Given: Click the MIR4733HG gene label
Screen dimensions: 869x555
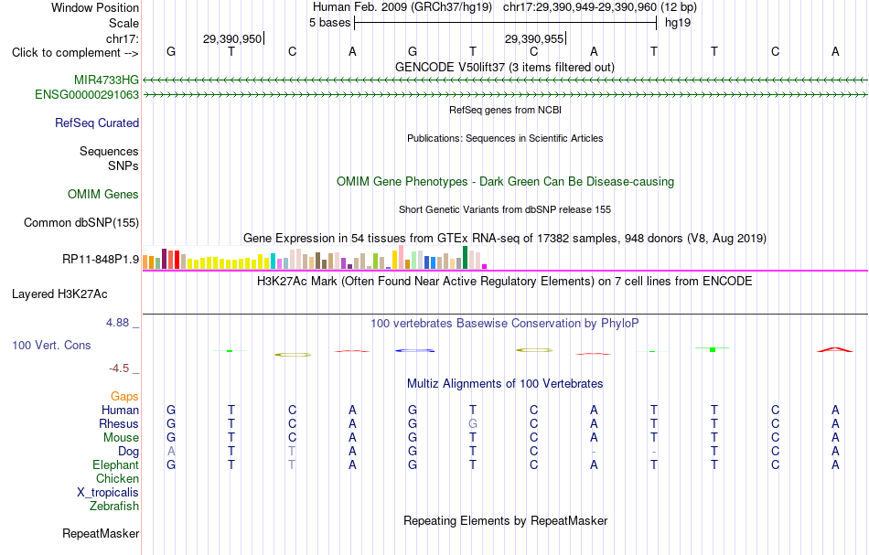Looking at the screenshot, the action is (106, 80).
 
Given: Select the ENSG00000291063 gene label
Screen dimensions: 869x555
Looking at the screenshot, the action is (87, 95).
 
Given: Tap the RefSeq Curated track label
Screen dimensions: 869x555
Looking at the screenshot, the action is (97, 123).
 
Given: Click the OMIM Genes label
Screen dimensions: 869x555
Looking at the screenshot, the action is (103, 195).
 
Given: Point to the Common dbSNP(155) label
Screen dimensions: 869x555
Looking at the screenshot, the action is (81, 223).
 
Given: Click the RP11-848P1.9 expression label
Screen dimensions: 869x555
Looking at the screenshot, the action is (101, 260).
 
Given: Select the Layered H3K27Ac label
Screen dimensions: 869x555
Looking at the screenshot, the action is (59, 294).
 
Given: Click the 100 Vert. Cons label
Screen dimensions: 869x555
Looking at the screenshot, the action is (51, 345).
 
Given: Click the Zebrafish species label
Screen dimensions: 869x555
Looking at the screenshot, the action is (114, 507).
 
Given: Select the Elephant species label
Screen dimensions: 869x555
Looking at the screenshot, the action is (116, 465).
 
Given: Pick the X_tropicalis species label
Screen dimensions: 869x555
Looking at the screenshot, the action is (108, 493).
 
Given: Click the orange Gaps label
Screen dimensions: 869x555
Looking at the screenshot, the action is (124, 397).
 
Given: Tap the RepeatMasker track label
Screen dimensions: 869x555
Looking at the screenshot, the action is (101, 534).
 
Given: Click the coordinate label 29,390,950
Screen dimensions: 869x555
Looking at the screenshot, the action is (232, 38).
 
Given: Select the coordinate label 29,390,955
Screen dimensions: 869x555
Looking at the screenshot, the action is (533, 38).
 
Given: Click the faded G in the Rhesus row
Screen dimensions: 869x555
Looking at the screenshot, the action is (473, 423).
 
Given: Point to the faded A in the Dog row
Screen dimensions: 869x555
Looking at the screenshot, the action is (171, 452).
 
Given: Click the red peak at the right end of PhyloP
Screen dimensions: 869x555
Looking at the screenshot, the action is (834, 348).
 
